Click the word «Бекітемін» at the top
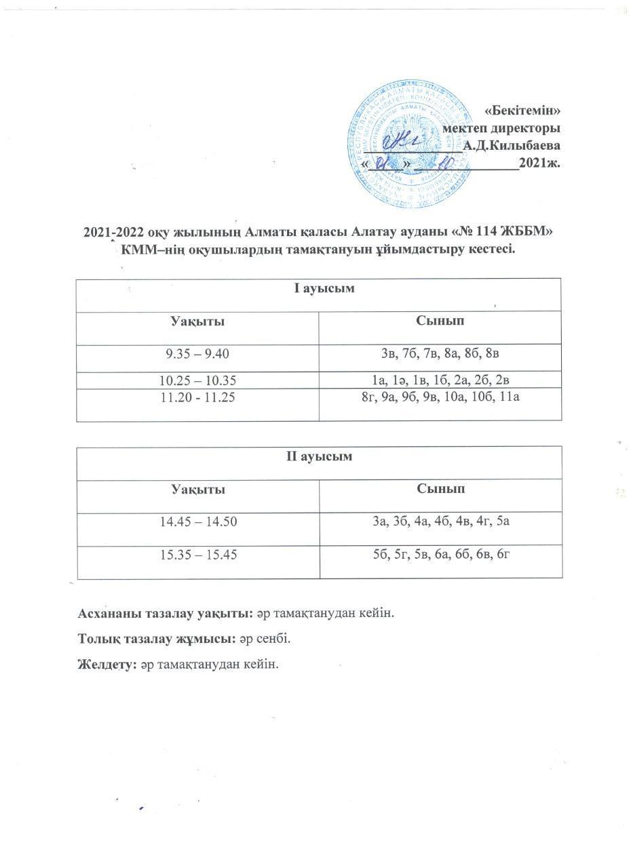point(524,110)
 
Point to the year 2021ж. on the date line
point(539,163)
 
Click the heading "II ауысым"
point(319,456)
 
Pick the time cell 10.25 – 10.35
point(197,380)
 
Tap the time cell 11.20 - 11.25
point(197,398)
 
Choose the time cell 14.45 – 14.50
point(197,521)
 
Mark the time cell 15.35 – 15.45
point(197,555)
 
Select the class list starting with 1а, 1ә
point(440,380)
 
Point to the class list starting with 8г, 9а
point(440,398)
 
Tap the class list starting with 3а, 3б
point(440,521)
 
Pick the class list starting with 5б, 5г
point(440,555)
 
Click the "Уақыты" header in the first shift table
point(197,321)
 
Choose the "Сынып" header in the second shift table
point(440,488)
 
